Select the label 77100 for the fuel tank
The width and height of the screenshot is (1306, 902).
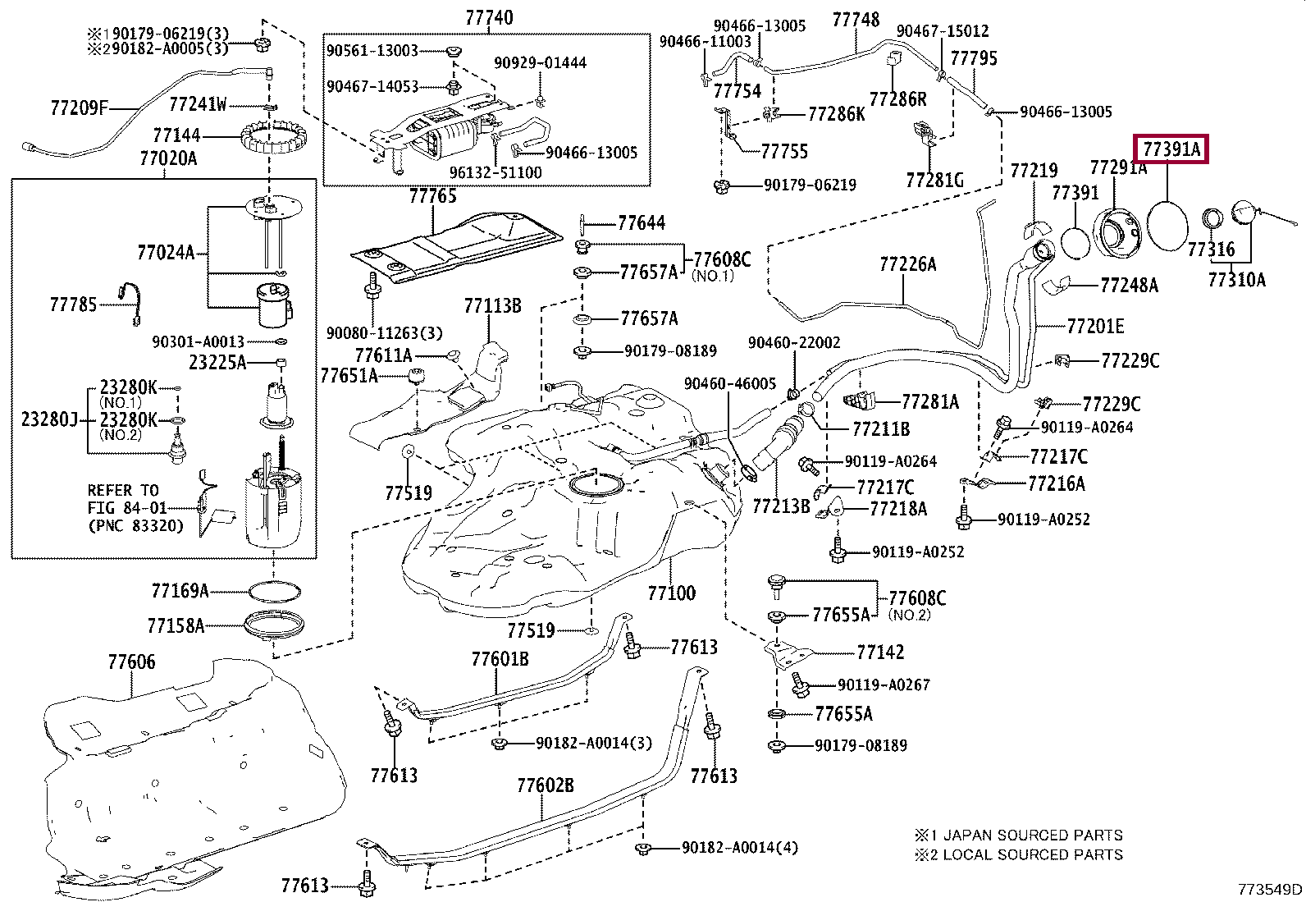pos(671,593)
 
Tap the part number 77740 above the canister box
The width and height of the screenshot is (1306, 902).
pos(489,17)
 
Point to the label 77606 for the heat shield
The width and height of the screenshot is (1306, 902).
pos(131,662)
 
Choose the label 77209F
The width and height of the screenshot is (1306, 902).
pos(79,107)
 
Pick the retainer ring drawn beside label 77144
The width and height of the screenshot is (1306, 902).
pos(271,140)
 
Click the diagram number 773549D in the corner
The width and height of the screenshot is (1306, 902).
pos(1270,889)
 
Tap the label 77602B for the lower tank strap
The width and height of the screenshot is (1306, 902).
pos(546,785)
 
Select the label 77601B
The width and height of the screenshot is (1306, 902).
pos(500,659)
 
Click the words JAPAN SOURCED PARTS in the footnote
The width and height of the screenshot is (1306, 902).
pos(1033,836)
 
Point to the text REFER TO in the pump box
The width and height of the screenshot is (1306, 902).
pos(123,490)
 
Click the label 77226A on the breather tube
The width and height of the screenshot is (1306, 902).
pos(907,263)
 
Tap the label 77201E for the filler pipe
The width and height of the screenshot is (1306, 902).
pos(1095,327)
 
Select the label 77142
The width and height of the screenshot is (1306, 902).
pos(880,652)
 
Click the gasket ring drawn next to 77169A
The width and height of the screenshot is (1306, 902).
pos(273,591)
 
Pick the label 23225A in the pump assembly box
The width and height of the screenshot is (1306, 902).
pos(217,362)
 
